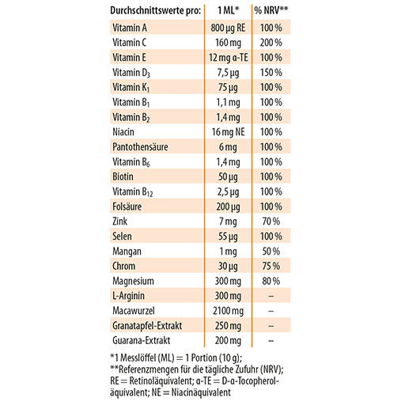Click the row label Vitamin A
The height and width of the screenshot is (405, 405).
(x=130, y=28)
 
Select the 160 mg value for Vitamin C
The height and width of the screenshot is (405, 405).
(x=228, y=43)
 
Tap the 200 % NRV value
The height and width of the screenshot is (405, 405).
(x=271, y=43)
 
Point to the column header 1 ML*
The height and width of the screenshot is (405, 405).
(x=229, y=10)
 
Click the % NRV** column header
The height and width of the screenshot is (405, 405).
(x=271, y=10)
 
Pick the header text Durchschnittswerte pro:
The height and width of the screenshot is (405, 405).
(x=156, y=10)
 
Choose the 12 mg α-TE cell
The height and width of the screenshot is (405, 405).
(x=229, y=58)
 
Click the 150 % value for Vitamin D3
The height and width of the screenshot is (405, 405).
(x=271, y=72)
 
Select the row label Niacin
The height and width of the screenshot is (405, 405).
(x=123, y=132)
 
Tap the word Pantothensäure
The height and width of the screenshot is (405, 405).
(x=140, y=147)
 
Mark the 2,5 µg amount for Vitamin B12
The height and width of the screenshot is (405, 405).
(x=228, y=192)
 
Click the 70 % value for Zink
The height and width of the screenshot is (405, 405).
(x=271, y=221)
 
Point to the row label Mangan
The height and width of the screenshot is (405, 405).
(x=127, y=252)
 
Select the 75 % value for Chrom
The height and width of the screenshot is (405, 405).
(x=271, y=266)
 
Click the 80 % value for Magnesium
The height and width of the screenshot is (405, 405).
(x=271, y=281)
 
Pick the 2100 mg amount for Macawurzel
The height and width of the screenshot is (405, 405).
(x=228, y=311)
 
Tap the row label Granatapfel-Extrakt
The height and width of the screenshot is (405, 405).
(x=147, y=326)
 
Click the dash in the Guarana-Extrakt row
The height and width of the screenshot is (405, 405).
(x=271, y=341)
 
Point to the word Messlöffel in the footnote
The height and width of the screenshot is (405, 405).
(x=138, y=358)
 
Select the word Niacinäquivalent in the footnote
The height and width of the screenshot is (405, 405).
(x=201, y=392)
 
